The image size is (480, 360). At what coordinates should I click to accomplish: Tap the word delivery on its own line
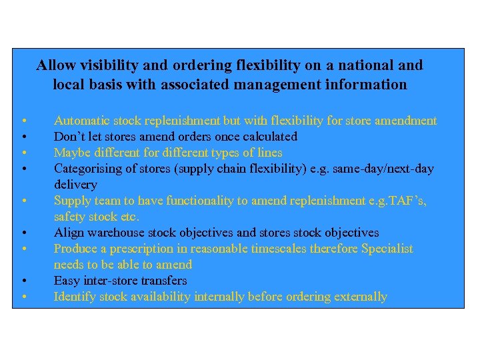tap(75, 185)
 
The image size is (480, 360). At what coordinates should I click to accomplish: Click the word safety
tap(69, 217)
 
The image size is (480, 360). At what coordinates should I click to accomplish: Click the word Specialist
tap(387, 249)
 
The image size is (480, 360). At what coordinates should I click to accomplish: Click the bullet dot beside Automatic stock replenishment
tap(23, 121)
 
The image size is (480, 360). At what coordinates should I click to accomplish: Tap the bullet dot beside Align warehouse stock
tap(23, 233)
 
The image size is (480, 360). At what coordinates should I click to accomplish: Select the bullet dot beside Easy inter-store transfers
tap(23, 281)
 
